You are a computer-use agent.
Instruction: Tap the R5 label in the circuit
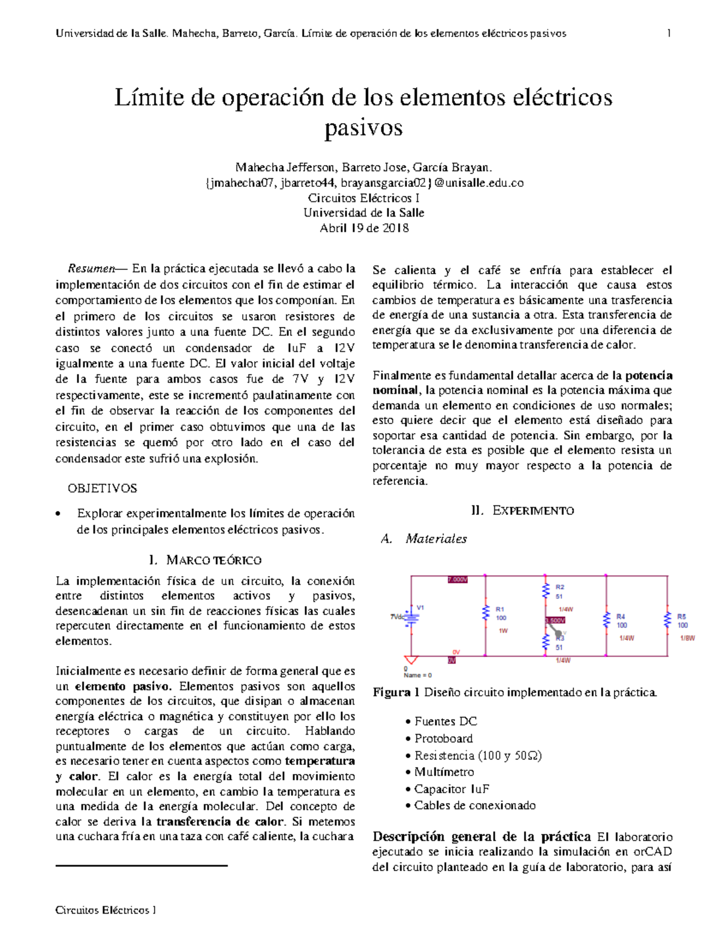click(x=682, y=616)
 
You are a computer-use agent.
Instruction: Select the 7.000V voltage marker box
click(x=457, y=579)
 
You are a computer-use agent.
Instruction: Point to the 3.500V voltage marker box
click(x=555, y=621)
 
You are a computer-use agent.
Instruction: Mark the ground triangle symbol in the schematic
click(x=411, y=661)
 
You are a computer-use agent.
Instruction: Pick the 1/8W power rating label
click(x=687, y=638)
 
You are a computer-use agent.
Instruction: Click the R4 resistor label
click(x=621, y=616)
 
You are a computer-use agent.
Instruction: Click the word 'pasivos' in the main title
click(x=363, y=128)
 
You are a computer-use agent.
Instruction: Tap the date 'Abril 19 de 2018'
click(x=364, y=228)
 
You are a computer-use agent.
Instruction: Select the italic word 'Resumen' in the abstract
click(x=91, y=269)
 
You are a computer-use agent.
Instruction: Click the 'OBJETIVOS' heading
click(x=102, y=488)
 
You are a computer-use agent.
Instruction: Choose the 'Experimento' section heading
click(x=533, y=511)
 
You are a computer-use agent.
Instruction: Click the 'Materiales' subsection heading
click(x=436, y=539)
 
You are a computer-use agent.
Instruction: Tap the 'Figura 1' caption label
click(x=396, y=692)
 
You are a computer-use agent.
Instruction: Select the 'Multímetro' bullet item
click(x=444, y=772)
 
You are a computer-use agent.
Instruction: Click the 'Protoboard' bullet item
click(x=443, y=738)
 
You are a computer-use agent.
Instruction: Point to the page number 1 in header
click(x=669, y=33)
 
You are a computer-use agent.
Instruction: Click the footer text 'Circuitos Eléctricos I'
click(x=106, y=910)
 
